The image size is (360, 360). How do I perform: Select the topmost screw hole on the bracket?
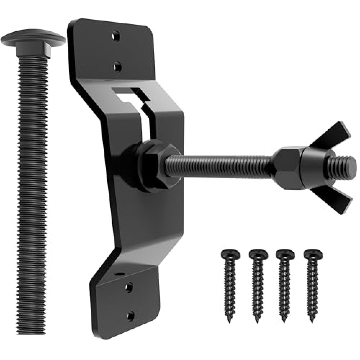(116, 36)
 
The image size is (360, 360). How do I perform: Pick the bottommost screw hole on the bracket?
(131, 316)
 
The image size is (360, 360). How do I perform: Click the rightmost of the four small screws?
(312, 284)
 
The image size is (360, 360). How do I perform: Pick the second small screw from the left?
(258, 284)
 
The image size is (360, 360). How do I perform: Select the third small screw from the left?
(285, 284)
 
